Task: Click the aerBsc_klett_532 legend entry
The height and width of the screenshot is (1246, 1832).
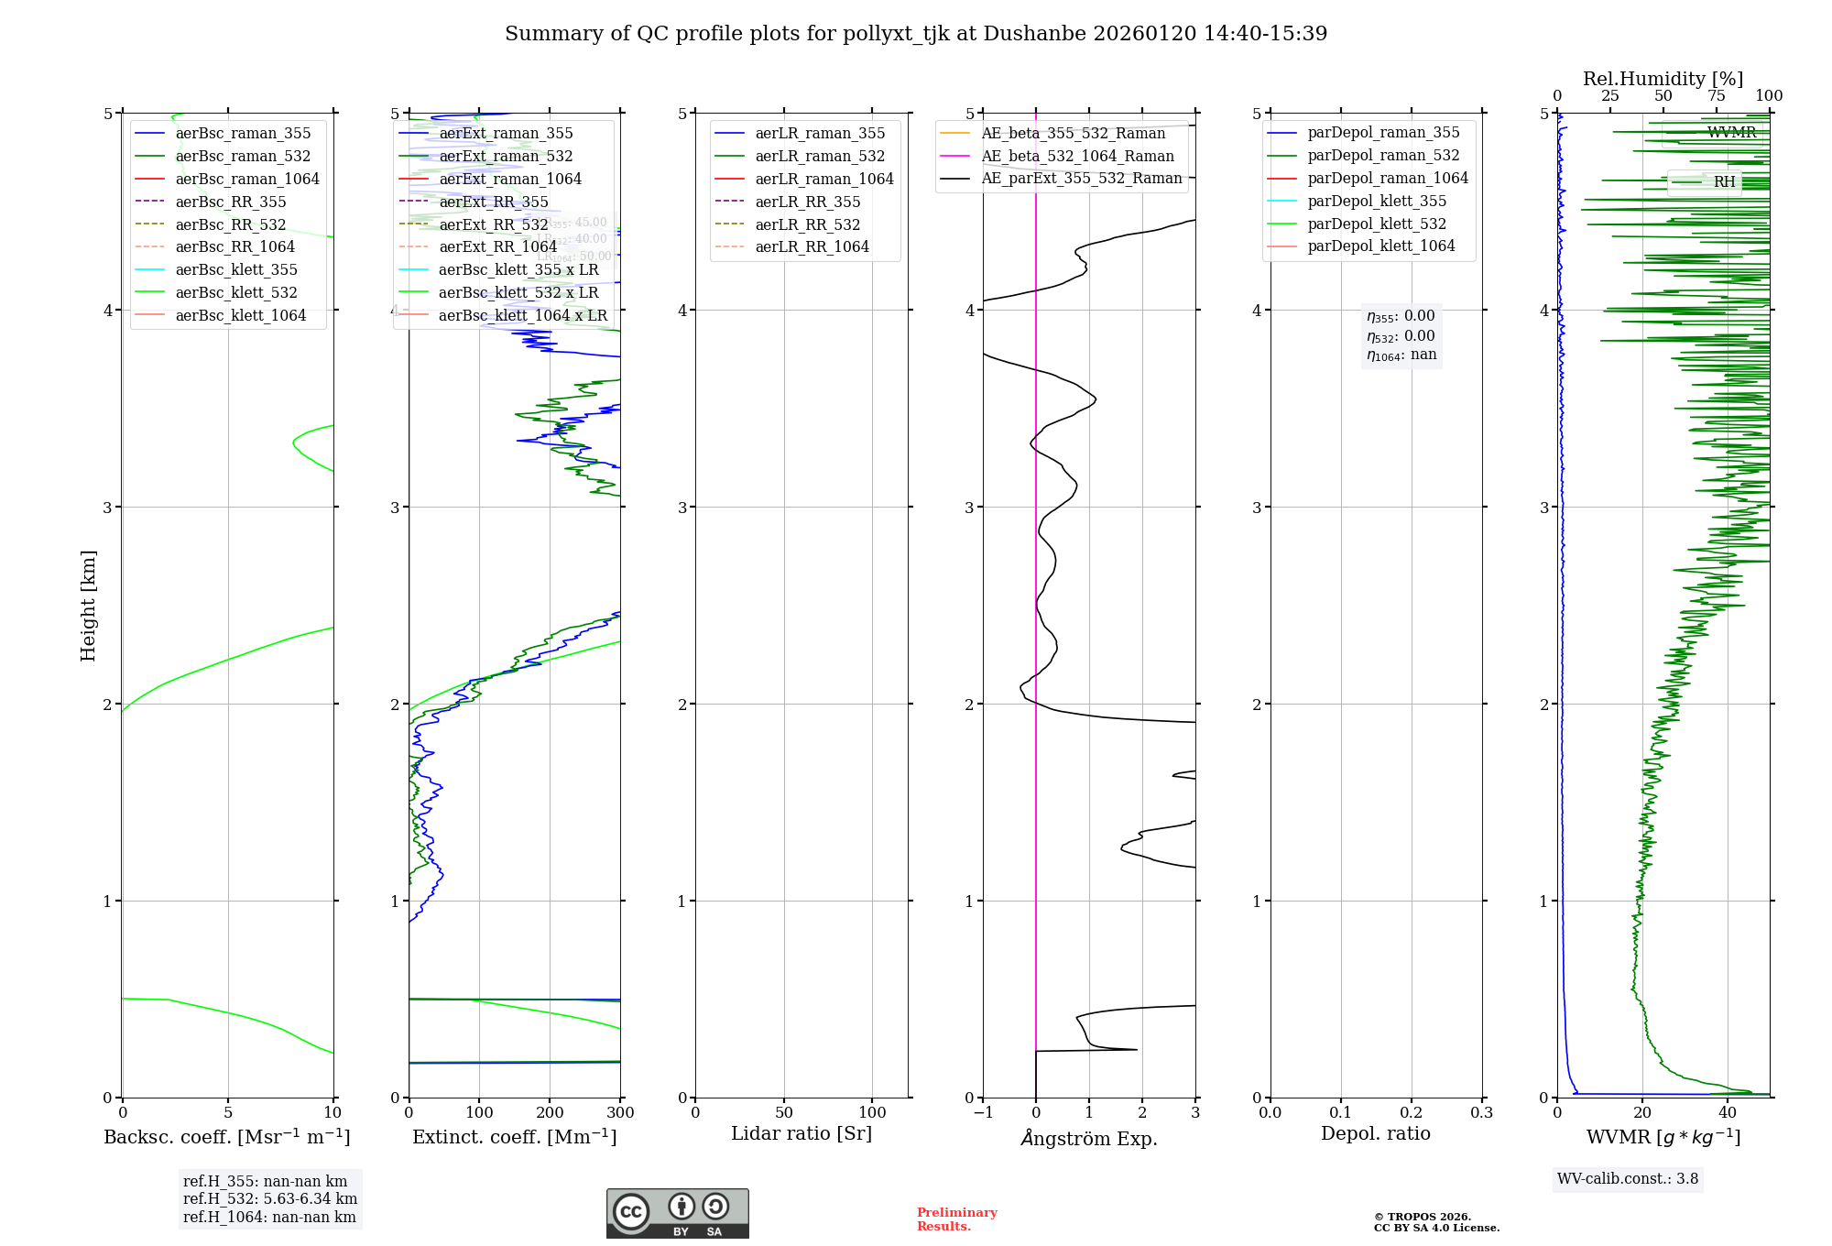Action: [x=235, y=292]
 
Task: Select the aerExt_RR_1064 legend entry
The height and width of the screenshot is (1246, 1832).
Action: [x=497, y=246]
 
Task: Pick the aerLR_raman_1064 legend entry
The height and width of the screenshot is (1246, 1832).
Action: [x=823, y=179]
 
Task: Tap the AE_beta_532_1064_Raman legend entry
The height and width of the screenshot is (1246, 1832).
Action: [x=1077, y=156]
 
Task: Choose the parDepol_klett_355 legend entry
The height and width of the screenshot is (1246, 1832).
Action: [x=1377, y=201]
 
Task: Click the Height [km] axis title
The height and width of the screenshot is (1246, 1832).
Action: [x=88, y=606]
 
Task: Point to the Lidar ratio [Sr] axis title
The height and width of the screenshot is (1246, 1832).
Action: [x=801, y=1133]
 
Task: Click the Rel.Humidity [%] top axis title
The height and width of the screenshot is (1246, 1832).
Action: [x=1663, y=79]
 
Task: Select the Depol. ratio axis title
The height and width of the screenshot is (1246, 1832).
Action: [x=1375, y=1133]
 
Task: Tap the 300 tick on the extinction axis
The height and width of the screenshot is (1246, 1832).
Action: [x=620, y=1113]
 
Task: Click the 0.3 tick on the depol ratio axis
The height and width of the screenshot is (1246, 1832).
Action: [x=1481, y=1113]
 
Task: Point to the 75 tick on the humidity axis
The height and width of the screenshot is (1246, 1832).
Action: [x=1716, y=96]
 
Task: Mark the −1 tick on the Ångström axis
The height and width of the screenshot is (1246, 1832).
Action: [x=983, y=1113]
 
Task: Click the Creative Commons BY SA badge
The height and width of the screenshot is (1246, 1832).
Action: [x=677, y=1214]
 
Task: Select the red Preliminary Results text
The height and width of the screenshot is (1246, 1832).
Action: [x=956, y=1219]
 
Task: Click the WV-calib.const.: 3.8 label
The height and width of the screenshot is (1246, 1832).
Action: [x=1628, y=1179]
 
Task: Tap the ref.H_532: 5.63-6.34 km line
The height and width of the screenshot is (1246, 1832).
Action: [x=270, y=1199]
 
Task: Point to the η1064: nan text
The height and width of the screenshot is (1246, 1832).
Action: [x=1401, y=355]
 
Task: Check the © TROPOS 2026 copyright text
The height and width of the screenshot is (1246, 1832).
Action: [x=1423, y=1217]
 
